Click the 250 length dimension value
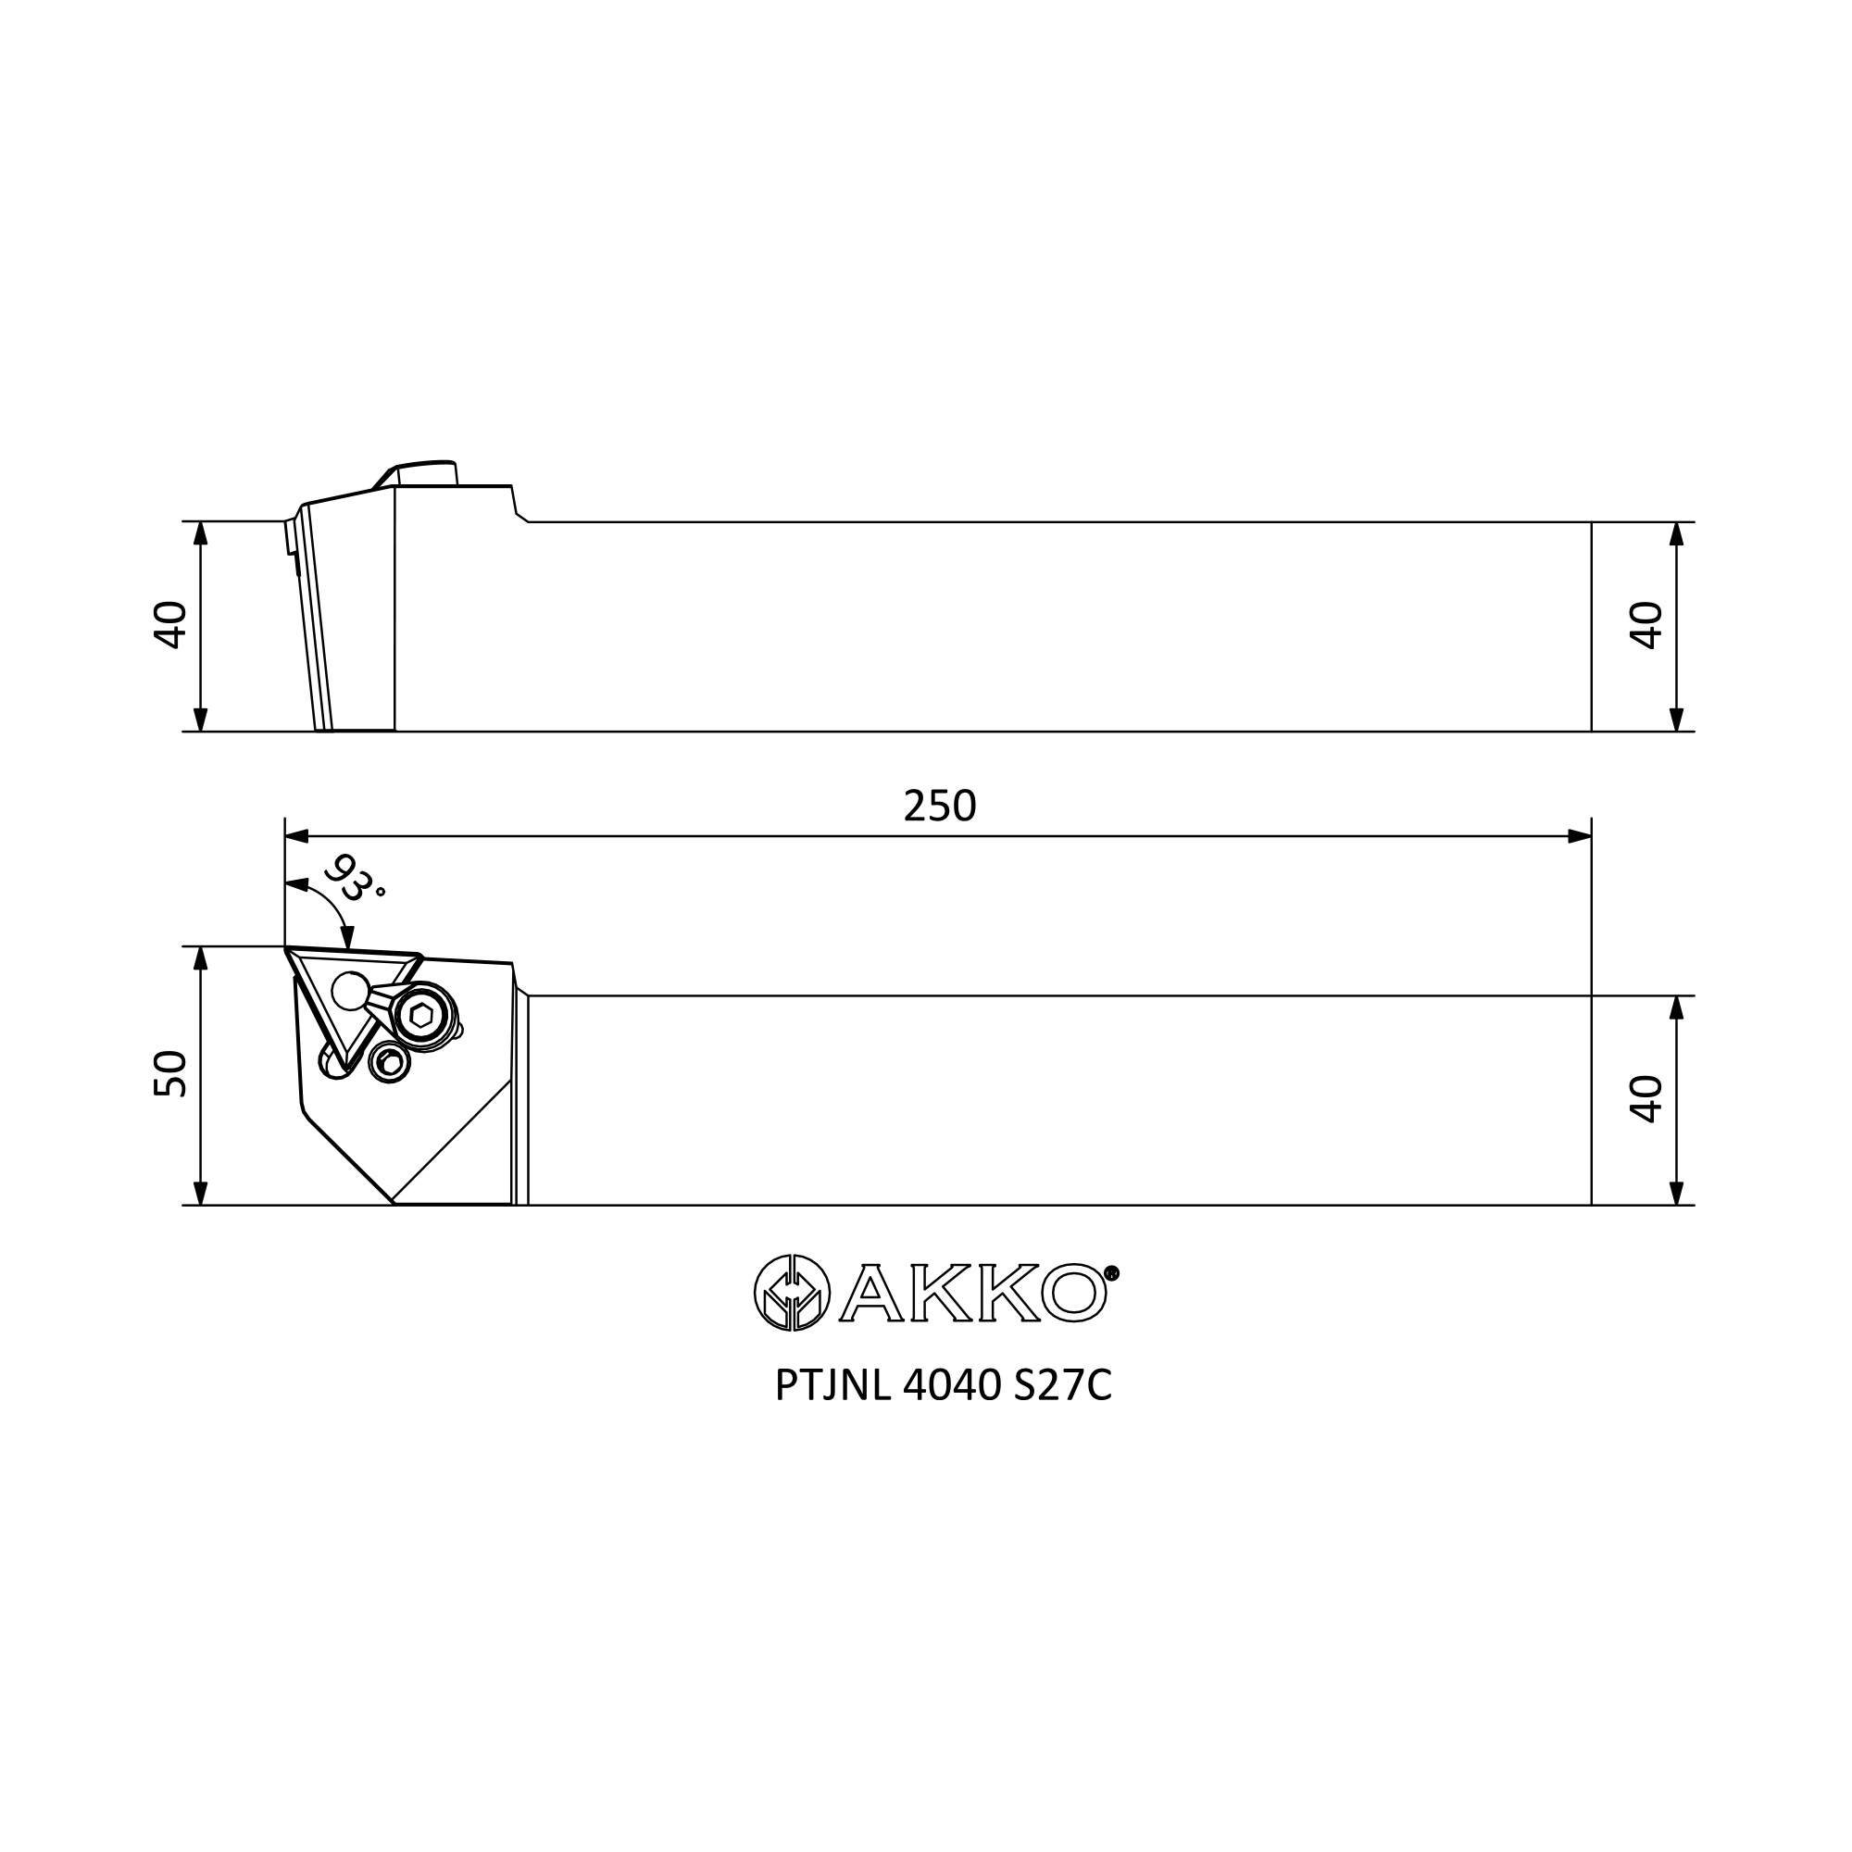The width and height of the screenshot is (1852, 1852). pos(939,807)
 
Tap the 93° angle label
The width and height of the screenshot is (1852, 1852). pos(353,879)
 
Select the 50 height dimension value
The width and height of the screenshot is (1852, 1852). pos(170,1073)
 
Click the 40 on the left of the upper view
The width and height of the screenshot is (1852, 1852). pos(170,625)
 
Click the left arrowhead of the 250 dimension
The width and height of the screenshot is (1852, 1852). pos(297,836)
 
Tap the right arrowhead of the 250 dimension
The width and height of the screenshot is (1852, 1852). pos(1579,836)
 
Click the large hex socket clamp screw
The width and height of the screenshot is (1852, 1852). pos(420,1016)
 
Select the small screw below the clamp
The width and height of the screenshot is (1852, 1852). pos(390,1062)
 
